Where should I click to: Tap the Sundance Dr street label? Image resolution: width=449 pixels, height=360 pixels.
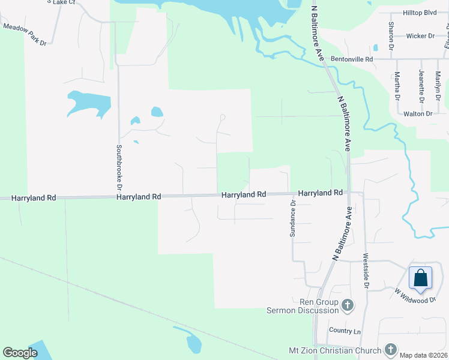[293, 218]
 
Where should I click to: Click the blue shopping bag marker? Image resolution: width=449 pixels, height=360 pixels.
[420, 278]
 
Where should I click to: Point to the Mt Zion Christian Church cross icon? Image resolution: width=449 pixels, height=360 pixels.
[390, 350]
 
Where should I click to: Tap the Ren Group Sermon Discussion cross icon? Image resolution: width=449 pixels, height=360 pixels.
[347, 306]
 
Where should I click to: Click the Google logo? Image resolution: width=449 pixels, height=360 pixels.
[20, 353]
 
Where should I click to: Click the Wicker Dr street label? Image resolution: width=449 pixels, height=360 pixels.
[420, 36]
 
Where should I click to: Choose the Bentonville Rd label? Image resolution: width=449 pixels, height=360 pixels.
[352, 59]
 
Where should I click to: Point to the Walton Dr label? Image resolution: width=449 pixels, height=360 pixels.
[418, 113]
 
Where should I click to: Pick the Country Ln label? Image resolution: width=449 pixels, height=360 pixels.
[345, 331]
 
